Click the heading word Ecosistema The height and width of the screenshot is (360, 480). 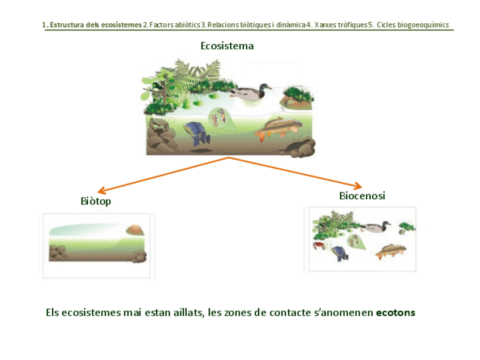click(227, 46)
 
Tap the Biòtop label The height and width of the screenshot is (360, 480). click(96, 202)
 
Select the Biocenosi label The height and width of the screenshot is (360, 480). click(362, 196)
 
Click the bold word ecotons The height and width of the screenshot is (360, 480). click(395, 313)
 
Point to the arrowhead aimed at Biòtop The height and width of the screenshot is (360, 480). click(101, 191)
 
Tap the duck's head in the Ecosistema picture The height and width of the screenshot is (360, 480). click(263, 88)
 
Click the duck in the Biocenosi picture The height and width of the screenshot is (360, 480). click(376, 226)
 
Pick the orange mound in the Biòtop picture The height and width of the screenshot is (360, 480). click(135, 229)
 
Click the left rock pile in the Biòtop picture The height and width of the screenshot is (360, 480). click(57, 252)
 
